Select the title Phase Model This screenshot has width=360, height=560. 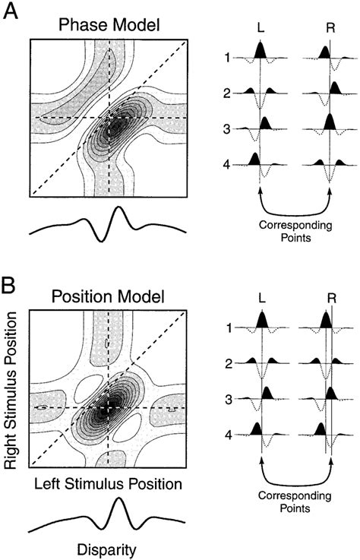tap(108, 26)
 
